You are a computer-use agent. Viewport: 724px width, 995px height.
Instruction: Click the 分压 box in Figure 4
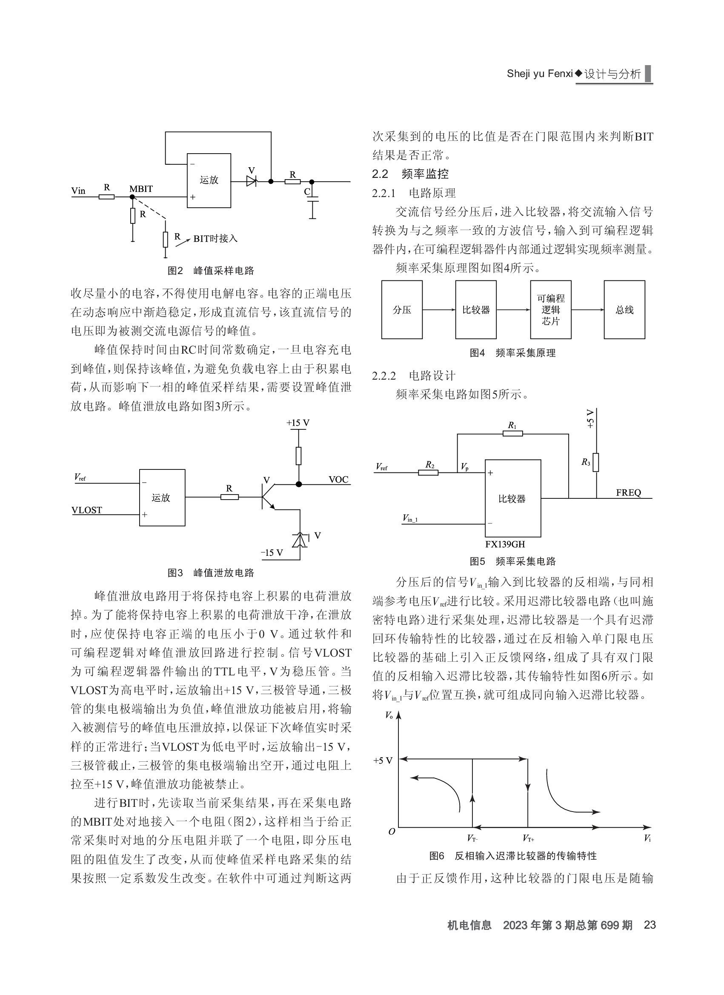[x=402, y=310]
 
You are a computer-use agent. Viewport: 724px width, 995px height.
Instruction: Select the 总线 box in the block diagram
[x=624, y=310]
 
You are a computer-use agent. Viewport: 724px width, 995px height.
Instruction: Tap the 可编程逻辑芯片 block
[x=551, y=310]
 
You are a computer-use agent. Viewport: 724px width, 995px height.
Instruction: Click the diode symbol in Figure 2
[x=252, y=181]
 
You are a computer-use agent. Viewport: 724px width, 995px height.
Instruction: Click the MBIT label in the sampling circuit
[x=141, y=189]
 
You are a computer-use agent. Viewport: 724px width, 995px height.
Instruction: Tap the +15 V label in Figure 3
[x=298, y=423]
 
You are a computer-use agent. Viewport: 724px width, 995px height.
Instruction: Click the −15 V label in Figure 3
[x=272, y=552]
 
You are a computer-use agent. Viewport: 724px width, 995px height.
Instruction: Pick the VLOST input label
[x=87, y=510]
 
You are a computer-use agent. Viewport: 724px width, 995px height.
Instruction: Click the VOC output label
[x=338, y=479]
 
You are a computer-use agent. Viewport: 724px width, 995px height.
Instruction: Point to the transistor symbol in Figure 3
[x=269, y=497]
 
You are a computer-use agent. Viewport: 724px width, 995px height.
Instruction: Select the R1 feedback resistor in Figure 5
[x=512, y=433]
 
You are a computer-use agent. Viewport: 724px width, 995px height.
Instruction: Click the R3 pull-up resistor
[x=595, y=463]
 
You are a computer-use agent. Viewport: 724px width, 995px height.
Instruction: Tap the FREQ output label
[x=628, y=492]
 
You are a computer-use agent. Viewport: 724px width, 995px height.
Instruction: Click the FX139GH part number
[x=505, y=544]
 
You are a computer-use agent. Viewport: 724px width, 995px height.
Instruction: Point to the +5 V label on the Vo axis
[x=383, y=760]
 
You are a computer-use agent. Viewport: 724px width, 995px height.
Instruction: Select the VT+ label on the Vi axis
[x=528, y=838]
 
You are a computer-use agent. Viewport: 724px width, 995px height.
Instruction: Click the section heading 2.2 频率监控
[x=410, y=174]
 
